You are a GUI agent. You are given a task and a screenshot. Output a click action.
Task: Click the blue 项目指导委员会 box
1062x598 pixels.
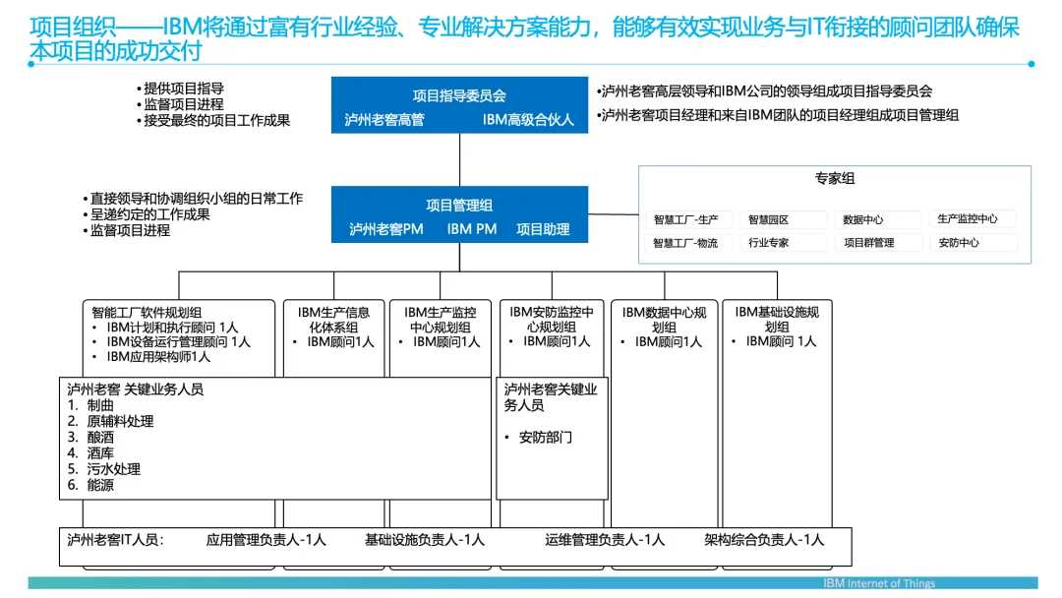459,105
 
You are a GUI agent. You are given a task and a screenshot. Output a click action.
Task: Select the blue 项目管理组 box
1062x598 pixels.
459,214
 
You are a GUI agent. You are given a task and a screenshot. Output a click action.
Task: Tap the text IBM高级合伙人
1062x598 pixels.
528,120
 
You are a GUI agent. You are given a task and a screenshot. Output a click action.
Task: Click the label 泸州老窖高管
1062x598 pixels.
384,120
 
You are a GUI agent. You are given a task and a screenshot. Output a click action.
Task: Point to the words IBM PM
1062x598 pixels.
471,229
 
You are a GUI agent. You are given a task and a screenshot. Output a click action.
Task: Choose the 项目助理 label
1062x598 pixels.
543,229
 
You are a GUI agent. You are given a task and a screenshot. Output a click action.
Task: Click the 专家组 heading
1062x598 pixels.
835,178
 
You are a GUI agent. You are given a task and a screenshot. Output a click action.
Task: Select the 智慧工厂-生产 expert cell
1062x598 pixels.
686,219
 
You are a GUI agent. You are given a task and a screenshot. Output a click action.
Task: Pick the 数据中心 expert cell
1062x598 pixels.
862,219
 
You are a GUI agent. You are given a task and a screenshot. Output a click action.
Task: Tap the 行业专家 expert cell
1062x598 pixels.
769,243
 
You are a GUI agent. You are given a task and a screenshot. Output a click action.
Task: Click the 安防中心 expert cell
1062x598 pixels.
959,243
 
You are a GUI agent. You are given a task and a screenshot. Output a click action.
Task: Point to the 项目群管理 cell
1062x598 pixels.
869,243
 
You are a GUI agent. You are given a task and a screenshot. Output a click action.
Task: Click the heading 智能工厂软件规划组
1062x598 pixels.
147,312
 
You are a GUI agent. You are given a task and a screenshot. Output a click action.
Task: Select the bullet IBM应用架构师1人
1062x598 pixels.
158,357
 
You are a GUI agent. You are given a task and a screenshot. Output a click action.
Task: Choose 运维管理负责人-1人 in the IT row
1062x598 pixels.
605,540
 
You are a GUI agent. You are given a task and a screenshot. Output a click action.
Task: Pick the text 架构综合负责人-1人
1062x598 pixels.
764,540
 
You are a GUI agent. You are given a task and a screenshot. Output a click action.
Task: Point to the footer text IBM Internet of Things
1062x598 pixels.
879,583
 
